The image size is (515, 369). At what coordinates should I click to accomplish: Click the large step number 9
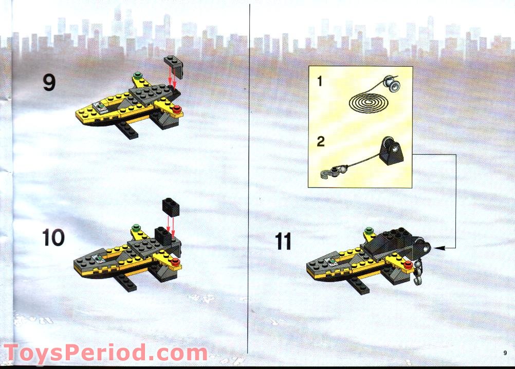pyautogui.click(x=49, y=82)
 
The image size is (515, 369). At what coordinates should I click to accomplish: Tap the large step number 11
pyautogui.click(x=283, y=241)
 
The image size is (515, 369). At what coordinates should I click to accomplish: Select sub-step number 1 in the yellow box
pyautogui.click(x=320, y=81)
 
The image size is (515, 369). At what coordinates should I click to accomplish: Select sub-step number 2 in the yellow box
pyautogui.click(x=321, y=141)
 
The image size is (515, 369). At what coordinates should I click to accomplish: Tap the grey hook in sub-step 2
pyautogui.click(x=327, y=173)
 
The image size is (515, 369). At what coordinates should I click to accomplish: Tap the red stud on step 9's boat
pyautogui.click(x=177, y=108)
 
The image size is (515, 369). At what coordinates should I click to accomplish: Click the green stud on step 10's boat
pyautogui.click(x=136, y=226)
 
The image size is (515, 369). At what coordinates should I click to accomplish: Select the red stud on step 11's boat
pyautogui.click(x=408, y=265)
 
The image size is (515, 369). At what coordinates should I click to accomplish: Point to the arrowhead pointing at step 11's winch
pyautogui.click(x=437, y=248)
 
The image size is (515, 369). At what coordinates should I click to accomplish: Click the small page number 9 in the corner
pyautogui.click(x=505, y=353)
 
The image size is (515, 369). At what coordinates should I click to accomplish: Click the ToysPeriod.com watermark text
pyautogui.click(x=105, y=354)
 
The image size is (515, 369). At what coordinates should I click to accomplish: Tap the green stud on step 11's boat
pyautogui.click(x=368, y=231)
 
